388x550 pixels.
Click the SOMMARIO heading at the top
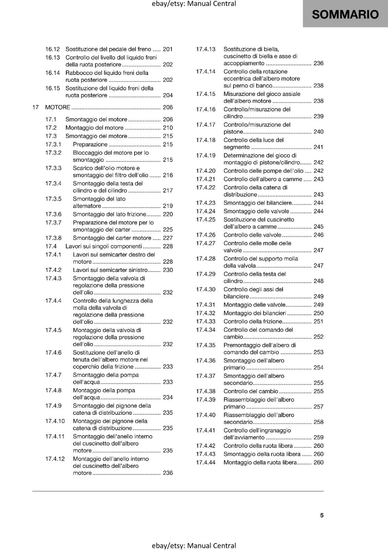tap(345, 14)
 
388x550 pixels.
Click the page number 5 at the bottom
tap(322, 515)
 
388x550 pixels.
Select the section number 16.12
tap(53, 49)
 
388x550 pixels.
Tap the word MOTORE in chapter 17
tap(58, 107)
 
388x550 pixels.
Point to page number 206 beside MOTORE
tap(168, 107)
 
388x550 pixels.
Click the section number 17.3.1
tap(53, 144)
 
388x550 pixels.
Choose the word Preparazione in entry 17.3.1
tap(90, 144)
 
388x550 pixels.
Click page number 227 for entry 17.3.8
tap(168, 238)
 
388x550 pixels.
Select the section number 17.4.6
tap(53, 352)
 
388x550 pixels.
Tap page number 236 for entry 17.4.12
tap(168, 473)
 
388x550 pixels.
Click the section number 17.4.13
tap(206, 49)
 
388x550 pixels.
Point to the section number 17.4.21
tap(206, 179)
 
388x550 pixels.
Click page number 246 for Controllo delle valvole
tap(319, 235)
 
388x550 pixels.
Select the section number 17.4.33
tap(206, 321)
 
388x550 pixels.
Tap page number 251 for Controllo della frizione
tap(319, 321)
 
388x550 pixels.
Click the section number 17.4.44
tap(206, 462)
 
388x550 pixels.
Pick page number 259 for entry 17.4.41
tap(319, 438)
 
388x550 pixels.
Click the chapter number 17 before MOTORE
tap(35, 107)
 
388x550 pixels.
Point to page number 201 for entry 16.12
tap(168, 49)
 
